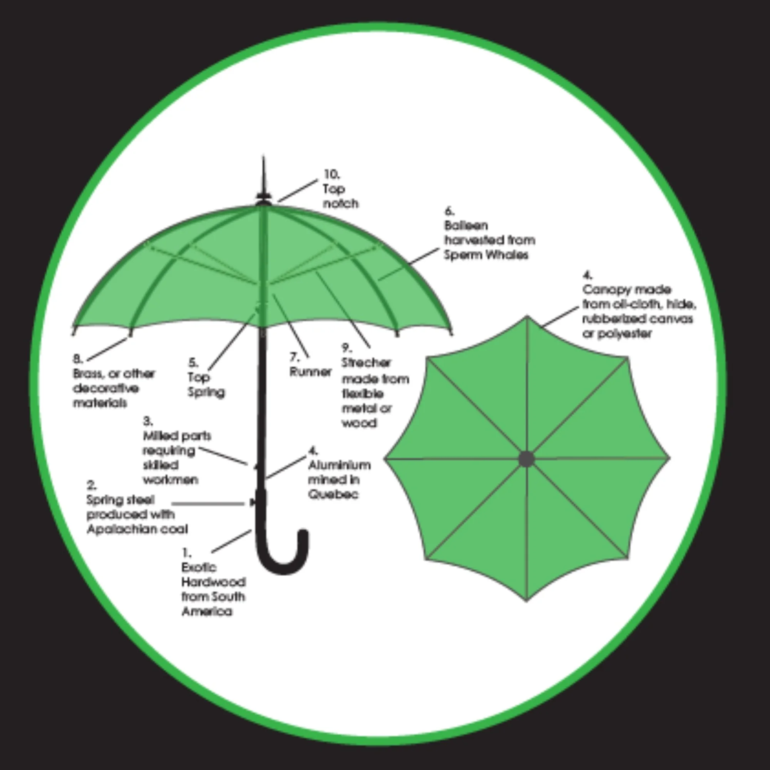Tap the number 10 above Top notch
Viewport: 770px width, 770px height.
pos(331,174)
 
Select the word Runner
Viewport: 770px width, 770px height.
pos(310,372)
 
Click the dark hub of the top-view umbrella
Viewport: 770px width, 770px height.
pos(526,459)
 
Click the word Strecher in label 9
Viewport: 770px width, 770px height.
pos(366,363)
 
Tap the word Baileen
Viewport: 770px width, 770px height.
pos(466,226)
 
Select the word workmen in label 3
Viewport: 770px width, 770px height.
pos(170,479)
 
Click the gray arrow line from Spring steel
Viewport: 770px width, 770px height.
pos(207,504)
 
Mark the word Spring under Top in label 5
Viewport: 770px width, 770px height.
pos(206,392)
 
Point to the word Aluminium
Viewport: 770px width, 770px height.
pos(339,465)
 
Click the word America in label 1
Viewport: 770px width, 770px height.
pos(206,611)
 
